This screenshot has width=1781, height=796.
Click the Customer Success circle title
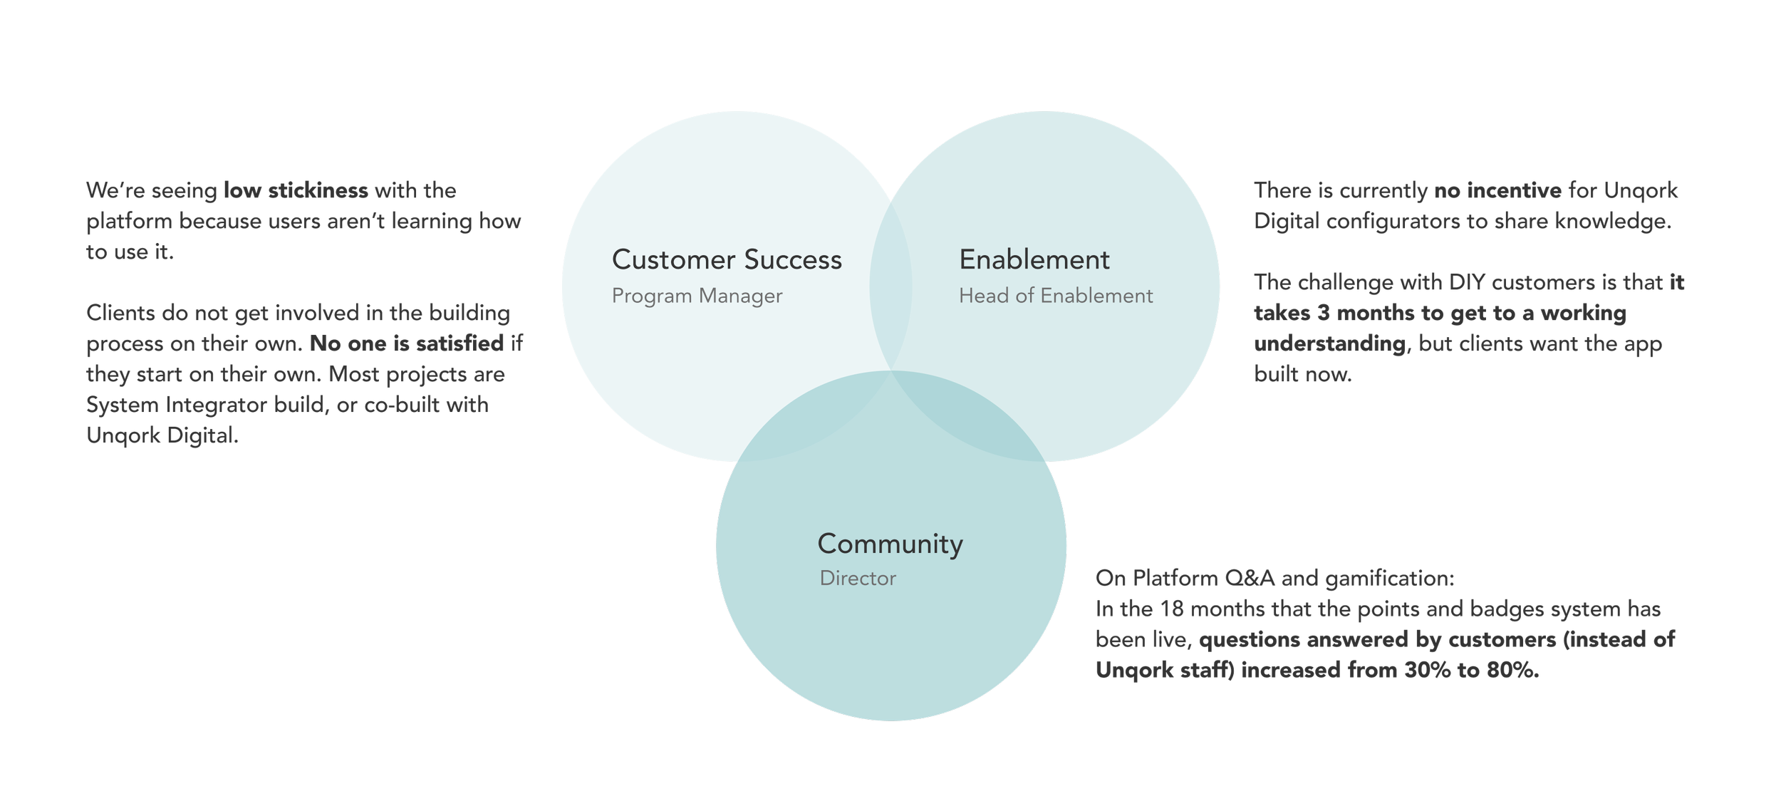pyautogui.click(x=727, y=260)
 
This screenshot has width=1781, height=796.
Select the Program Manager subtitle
pyautogui.click(x=697, y=296)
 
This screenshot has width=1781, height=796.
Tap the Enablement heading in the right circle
pyautogui.click(x=1034, y=260)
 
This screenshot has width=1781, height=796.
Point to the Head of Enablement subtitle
pyautogui.click(x=1055, y=296)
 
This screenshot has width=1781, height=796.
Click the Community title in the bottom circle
pyautogui.click(x=890, y=544)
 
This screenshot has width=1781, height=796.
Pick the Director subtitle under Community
pyautogui.click(x=858, y=578)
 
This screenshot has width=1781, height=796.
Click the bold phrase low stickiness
pyautogui.click(x=296, y=191)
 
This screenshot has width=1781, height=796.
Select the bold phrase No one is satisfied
pyautogui.click(x=407, y=344)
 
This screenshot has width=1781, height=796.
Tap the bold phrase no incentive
pyautogui.click(x=1498, y=191)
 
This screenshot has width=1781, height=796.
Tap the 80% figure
pyautogui.click(x=1512, y=671)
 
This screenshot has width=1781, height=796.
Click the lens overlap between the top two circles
pyautogui.click(x=890, y=285)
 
